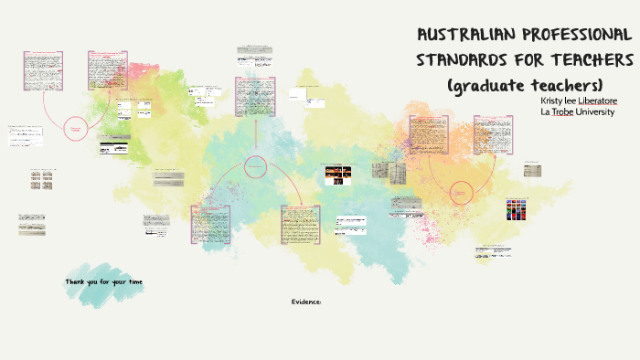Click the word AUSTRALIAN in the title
[464, 37]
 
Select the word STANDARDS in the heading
[462, 60]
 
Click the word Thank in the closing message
[76, 282]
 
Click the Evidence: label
[306, 301]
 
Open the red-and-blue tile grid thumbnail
[517, 209]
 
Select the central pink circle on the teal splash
[256, 166]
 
